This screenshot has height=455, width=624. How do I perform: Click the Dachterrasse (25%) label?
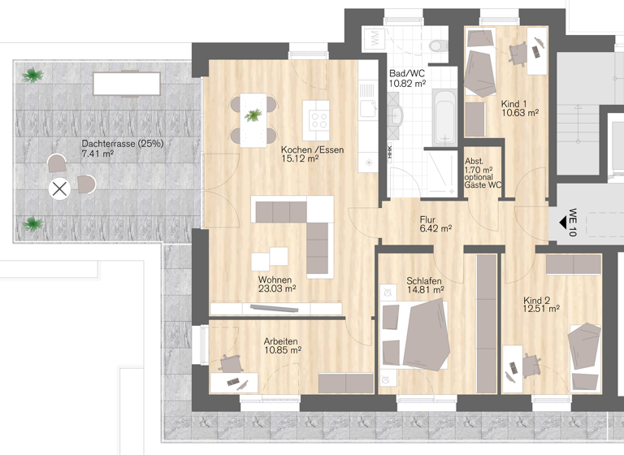tap(122, 144)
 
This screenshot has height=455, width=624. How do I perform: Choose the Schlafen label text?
tap(424, 280)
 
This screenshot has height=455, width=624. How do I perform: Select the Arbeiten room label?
tap(280, 340)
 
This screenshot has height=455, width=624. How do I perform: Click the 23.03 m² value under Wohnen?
tap(277, 288)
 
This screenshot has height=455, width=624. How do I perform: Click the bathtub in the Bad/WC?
tap(444, 117)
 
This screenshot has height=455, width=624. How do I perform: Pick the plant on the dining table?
tap(253, 115)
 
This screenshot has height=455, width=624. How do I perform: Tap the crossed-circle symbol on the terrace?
tap(58, 189)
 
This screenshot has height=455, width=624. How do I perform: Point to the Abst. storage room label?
tap(473, 161)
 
